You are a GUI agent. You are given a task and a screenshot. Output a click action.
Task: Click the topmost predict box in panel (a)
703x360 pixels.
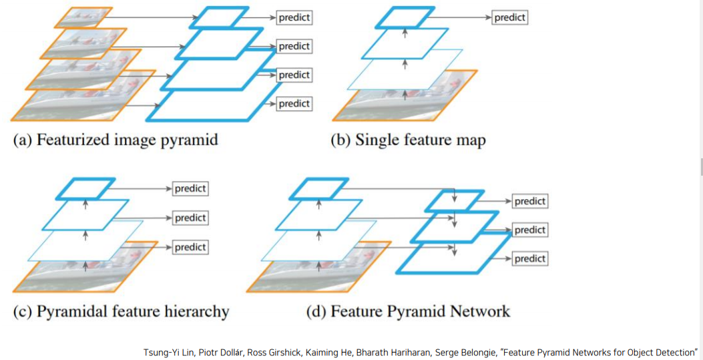click(x=294, y=18)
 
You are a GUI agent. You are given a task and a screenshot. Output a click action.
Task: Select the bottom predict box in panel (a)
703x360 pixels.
click(x=294, y=104)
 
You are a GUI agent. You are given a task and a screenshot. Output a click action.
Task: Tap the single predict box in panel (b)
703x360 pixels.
click(x=510, y=17)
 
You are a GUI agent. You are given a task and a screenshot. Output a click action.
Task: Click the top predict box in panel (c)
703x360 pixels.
click(x=190, y=188)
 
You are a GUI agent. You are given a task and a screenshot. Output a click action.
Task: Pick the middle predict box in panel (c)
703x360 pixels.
click(x=190, y=218)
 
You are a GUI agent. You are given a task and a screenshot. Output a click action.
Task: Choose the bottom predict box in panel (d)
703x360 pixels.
click(x=530, y=258)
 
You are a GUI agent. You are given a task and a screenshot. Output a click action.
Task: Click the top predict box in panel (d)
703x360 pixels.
click(x=530, y=201)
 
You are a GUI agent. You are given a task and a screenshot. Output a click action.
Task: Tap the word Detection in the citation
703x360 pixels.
click(x=674, y=352)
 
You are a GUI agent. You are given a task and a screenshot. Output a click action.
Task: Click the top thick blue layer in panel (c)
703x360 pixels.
click(x=85, y=188)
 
